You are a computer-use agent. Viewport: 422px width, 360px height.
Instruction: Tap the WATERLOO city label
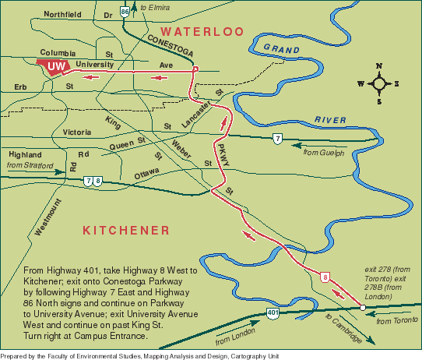[202, 32]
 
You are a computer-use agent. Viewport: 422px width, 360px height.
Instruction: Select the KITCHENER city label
[125, 230]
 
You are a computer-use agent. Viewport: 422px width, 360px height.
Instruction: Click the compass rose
[378, 83]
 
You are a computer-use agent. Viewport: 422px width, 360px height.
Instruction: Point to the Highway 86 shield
[125, 11]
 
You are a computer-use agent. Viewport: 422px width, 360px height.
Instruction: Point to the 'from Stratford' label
[30, 166]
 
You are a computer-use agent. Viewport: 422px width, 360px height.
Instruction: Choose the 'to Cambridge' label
[343, 330]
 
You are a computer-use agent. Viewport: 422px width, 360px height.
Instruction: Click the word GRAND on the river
[282, 49]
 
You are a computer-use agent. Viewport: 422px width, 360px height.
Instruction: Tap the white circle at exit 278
[362, 308]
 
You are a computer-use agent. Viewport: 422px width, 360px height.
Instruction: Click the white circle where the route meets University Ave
[195, 69]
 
